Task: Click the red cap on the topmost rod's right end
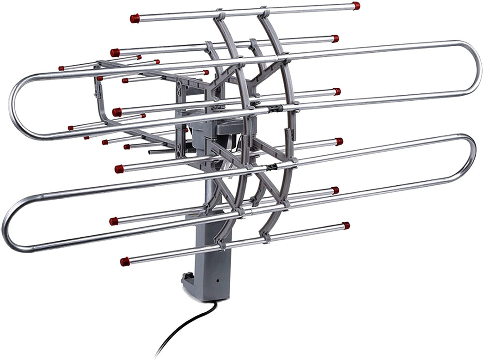[x=355, y=6]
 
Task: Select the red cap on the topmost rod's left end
[x=135, y=18]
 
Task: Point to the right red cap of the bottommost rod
[x=346, y=226]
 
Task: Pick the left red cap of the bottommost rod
[x=125, y=262]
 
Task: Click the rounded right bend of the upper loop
[x=476, y=69]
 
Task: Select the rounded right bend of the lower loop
[x=471, y=159]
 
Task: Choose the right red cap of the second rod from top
[x=335, y=39]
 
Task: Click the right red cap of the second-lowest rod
[x=335, y=190]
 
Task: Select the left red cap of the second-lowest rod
[x=114, y=221]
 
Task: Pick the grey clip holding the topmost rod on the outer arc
[x=264, y=10]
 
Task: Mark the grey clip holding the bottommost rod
[x=267, y=238]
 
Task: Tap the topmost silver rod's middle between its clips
[x=240, y=12]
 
